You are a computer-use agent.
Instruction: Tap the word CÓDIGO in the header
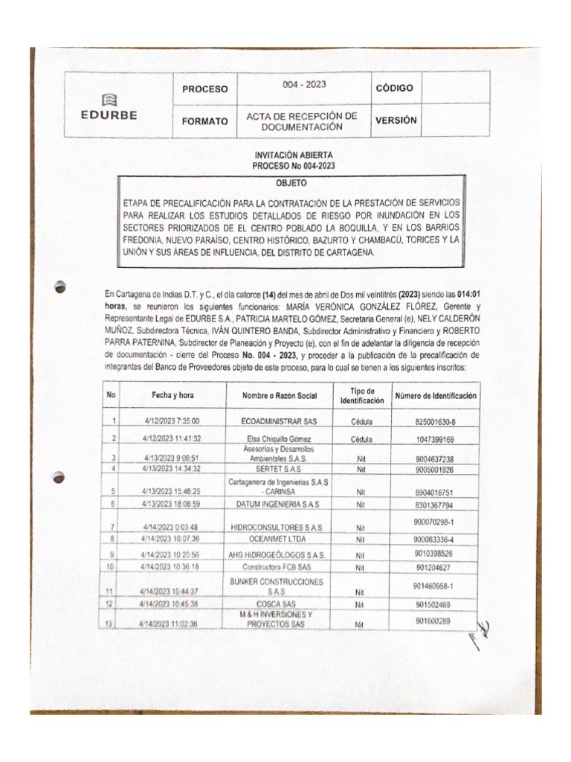(x=394, y=88)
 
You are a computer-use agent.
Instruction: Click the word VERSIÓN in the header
(x=396, y=120)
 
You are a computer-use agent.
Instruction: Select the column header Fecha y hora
(x=172, y=397)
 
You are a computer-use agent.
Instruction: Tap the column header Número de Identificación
(x=436, y=397)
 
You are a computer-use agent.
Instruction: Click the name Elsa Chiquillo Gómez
(x=277, y=439)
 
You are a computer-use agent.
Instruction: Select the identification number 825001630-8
(x=435, y=421)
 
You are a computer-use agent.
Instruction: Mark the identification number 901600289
(x=435, y=621)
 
